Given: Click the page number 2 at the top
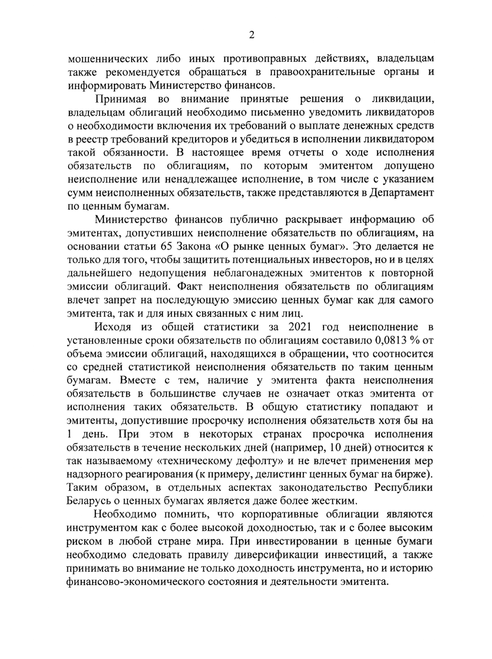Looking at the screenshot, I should coord(251,36).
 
